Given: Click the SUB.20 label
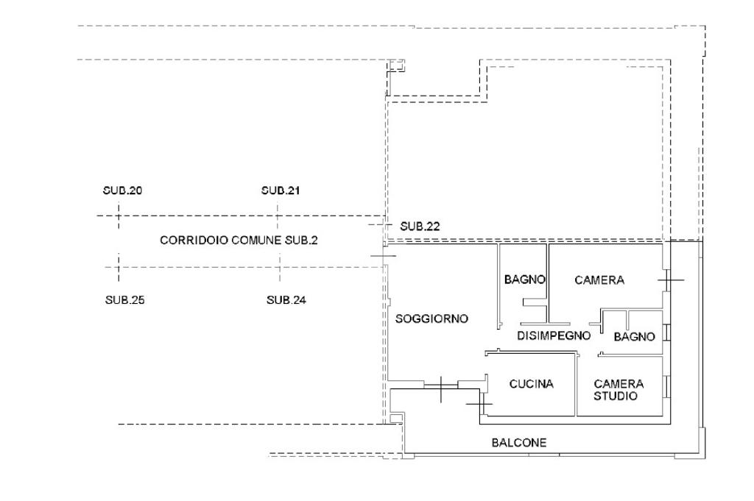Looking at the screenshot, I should pyautogui.click(x=122, y=191).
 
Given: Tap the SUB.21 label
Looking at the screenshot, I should pyautogui.click(x=281, y=191).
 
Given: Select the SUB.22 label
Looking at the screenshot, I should pyautogui.click(x=420, y=227).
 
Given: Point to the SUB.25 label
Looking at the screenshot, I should pyautogui.click(x=124, y=299).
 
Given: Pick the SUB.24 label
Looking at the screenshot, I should pyautogui.click(x=286, y=299).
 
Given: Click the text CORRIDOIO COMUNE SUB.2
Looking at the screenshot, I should pyautogui.click(x=239, y=241).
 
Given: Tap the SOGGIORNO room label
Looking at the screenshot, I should pyautogui.click(x=431, y=319).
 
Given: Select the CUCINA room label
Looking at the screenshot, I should pyautogui.click(x=531, y=383).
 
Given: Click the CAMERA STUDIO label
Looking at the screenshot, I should pyautogui.click(x=619, y=389).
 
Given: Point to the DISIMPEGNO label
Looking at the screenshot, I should pyautogui.click(x=554, y=335).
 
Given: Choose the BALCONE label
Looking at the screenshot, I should pyautogui.click(x=519, y=443).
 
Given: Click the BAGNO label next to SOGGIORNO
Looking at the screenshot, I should pyautogui.click(x=524, y=280).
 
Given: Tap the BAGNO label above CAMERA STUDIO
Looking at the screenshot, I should pyautogui.click(x=634, y=336).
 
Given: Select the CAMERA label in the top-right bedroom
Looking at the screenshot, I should pyautogui.click(x=599, y=280).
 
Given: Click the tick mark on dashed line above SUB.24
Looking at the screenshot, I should pyautogui.click(x=280, y=266).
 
